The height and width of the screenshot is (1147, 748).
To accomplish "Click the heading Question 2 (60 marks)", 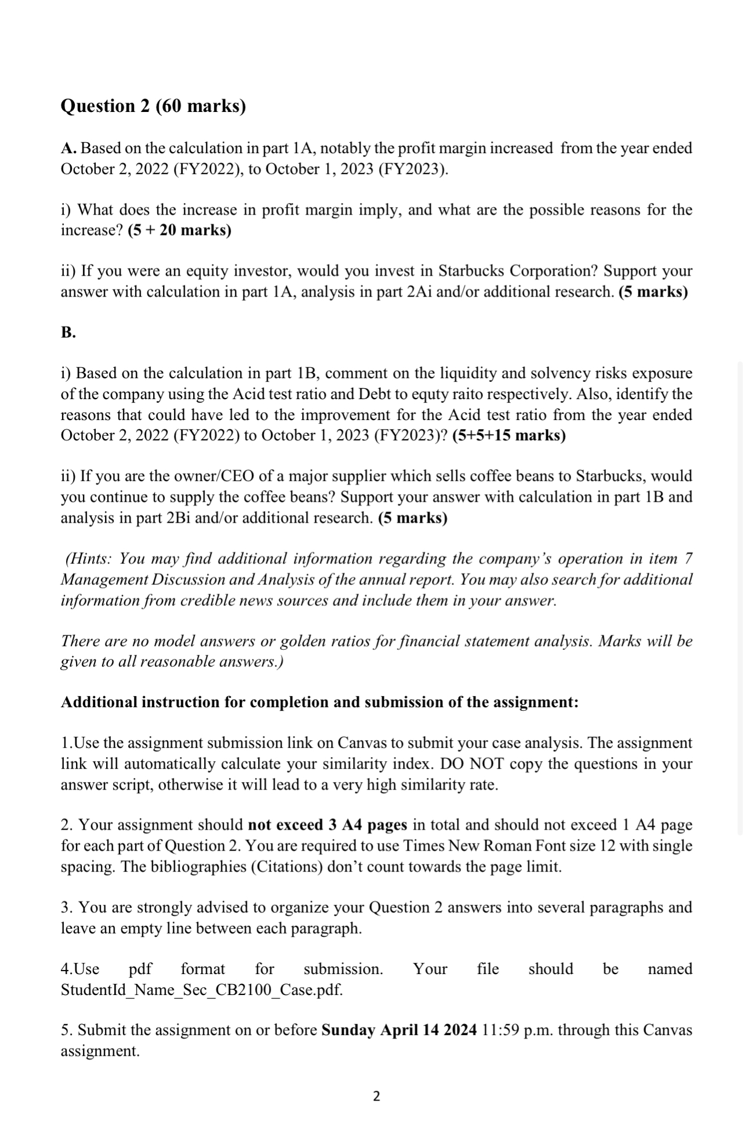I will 153,106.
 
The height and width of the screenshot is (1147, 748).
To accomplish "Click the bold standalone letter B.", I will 68,332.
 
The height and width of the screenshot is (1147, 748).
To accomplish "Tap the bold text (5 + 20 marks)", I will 179,230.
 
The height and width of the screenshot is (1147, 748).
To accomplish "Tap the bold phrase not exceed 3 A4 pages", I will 327,825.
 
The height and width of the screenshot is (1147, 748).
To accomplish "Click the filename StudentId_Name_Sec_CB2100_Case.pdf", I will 202,990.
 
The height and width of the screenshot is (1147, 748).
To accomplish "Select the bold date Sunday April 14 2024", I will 399,1030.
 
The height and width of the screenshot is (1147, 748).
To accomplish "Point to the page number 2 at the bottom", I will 376,1096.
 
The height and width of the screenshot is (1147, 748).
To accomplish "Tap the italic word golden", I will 304,641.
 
